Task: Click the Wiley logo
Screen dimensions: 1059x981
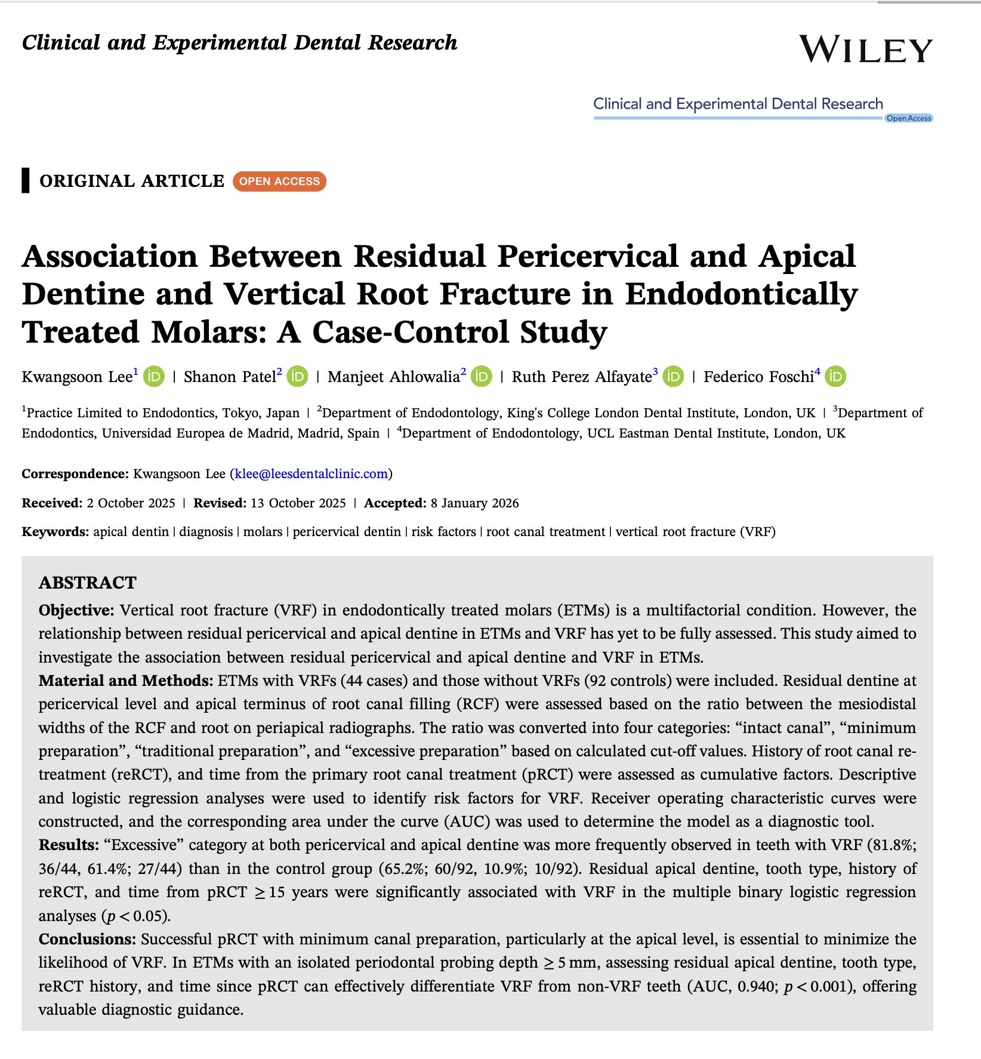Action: [865, 49]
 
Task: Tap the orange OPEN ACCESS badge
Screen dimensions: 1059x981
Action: [279, 181]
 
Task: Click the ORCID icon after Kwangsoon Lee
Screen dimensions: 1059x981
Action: [154, 376]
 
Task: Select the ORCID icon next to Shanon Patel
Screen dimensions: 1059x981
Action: [297, 376]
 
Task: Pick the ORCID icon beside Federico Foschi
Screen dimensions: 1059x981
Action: [835, 376]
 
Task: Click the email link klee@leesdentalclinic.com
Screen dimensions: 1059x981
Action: [311, 473]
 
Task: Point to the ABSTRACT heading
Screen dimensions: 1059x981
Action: [88, 583]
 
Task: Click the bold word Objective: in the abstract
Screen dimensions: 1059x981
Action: [76, 610]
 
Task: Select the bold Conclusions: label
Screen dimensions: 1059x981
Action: [87, 939]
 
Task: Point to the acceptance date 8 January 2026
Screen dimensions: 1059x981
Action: [474, 503]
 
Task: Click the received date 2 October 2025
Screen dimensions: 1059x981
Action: [131, 503]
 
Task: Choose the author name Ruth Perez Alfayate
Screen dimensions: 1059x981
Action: [581, 377]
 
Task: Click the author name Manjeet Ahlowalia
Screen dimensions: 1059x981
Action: [393, 377]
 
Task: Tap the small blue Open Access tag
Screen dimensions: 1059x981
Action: [908, 118]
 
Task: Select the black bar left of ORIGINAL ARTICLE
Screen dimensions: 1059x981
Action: [26, 180]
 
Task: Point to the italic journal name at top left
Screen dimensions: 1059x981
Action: [239, 43]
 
